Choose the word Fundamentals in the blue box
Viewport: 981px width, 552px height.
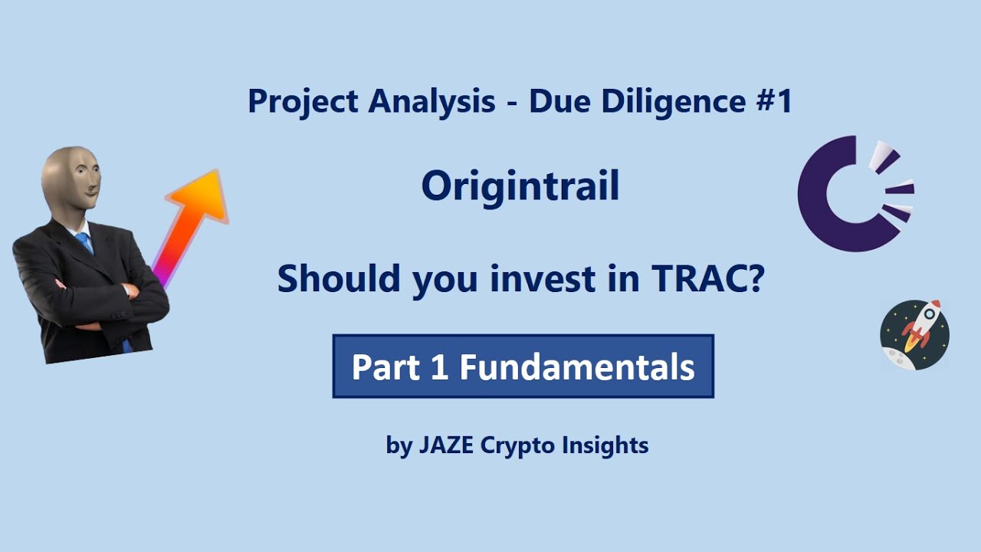577,367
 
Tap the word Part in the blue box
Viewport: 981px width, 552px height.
386,367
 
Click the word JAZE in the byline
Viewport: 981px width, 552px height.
446,445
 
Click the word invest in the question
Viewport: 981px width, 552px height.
543,279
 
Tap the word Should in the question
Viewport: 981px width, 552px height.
339,278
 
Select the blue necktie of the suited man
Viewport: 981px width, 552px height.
85,243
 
